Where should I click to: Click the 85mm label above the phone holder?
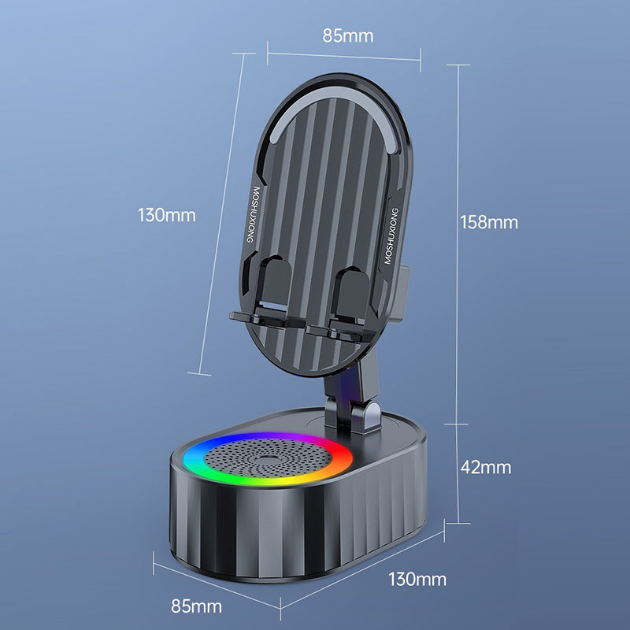point(347,35)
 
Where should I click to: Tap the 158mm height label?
point(489,222)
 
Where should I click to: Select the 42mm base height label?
point(486,467)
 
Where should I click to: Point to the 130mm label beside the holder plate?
point(166,214)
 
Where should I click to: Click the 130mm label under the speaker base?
point(417,580)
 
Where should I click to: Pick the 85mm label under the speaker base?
point(196,606)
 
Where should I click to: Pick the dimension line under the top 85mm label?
point(344,55)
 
